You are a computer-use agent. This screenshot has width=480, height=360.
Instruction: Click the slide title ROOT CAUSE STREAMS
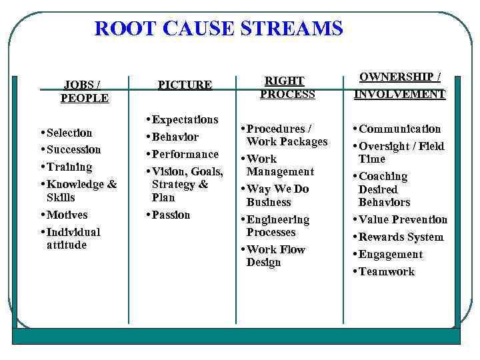click(x=219, y=29)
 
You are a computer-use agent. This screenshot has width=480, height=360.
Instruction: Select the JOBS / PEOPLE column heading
click(x=85, y=91)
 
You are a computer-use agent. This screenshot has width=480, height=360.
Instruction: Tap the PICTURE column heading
click(x=185, y=85)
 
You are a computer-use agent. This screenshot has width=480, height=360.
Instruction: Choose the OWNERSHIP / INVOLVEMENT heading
click(x=399, y=85)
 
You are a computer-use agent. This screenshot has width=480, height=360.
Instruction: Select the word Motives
click(x=67, y=215)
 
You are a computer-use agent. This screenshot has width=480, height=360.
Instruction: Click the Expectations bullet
click(x=185, y=120)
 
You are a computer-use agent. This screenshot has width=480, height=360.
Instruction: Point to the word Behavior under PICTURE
click(x=175, y=137)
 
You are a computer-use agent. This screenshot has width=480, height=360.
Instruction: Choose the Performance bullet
click(x=185, y=154)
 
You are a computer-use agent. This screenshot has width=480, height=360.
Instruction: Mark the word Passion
click(x=171, y=215)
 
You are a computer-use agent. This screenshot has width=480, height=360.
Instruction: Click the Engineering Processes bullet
click(x=277, y=226)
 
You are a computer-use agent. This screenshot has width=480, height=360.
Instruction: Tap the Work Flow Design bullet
click(x=275, y=256)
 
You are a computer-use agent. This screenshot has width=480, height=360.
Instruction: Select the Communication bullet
click(x=399, y=129)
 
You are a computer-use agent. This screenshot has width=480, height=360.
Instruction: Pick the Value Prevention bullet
click(x=403, y=219)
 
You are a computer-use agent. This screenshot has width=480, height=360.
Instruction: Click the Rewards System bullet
click(x=401, y=237)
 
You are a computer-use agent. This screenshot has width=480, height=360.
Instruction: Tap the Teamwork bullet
click(x=386, y=271)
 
